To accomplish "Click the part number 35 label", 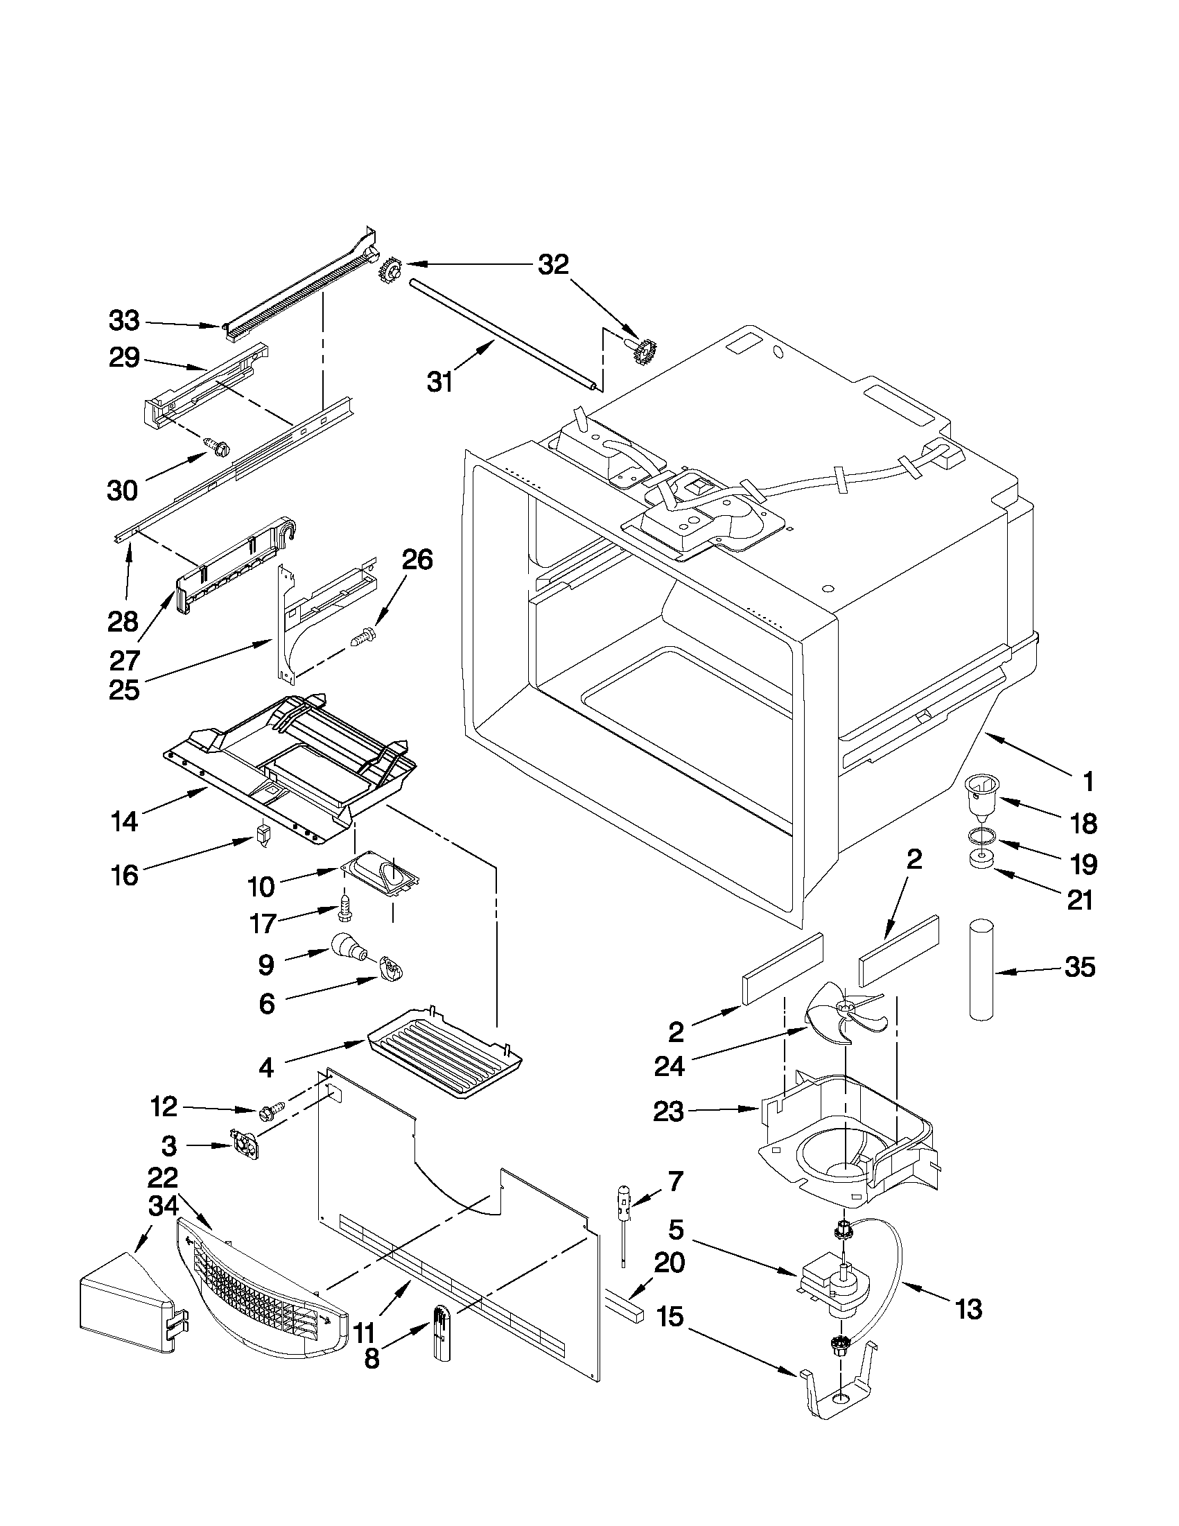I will pyautogui.click(x=1080, y=968).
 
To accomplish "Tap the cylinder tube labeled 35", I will pyautogui.click(x=981, y=971).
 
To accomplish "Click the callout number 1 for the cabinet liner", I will pyautogui.click(x=1088, y=781).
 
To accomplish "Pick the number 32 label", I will pyautogui.click(x=553, y=265).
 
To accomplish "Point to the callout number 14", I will pyautogui.click(x=124, y=822).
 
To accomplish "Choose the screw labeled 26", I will pyautogui.click(x=363, y=634).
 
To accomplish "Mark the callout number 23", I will pyautogui.click(x=667, y=1111).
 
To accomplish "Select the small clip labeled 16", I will pyautogui.click(x=262, y=834).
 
